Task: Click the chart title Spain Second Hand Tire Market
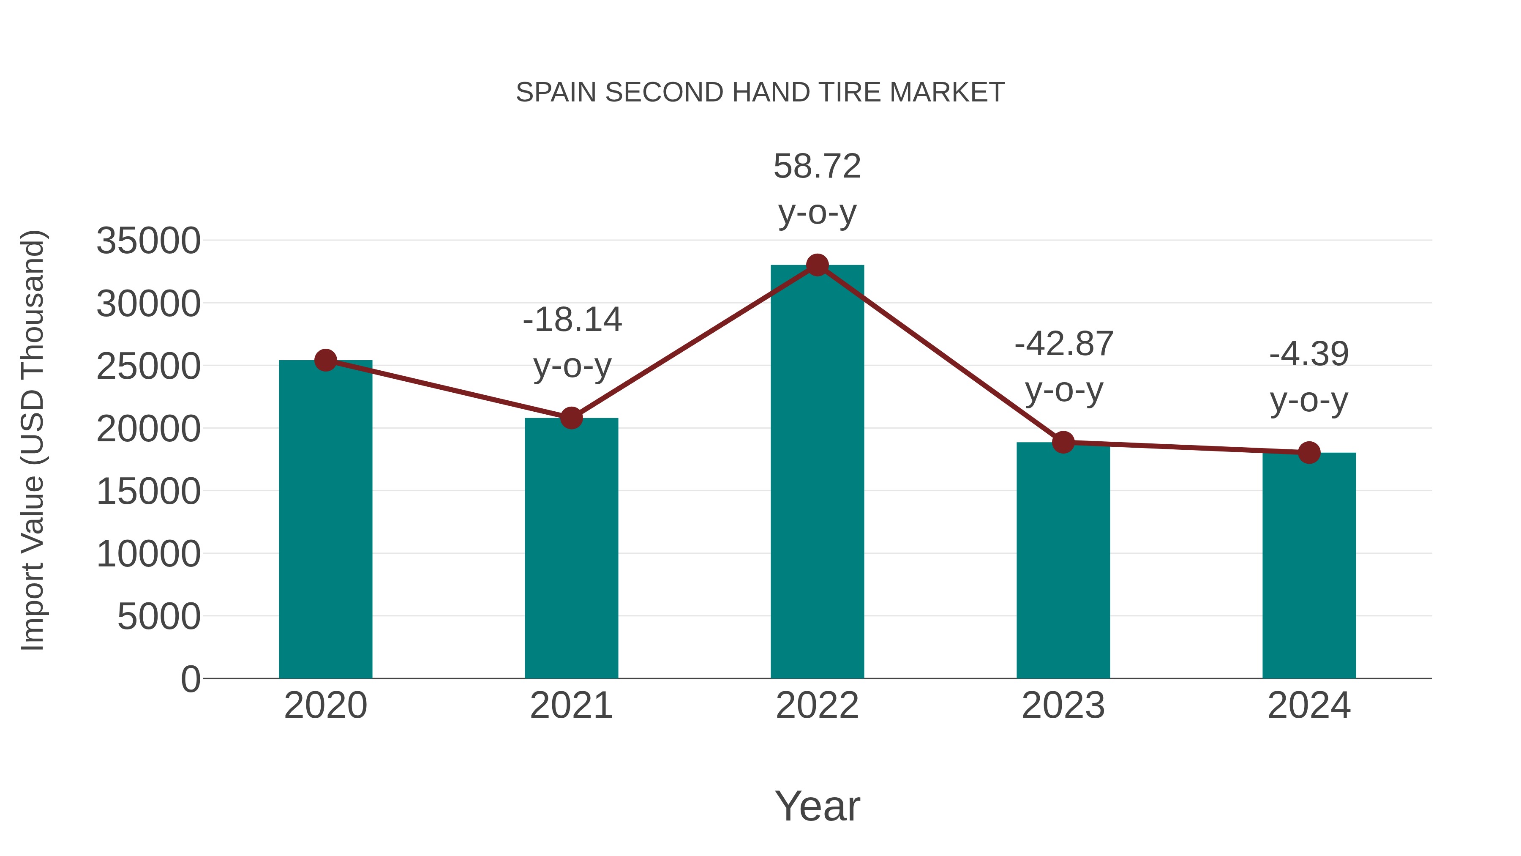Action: tap(760, 93)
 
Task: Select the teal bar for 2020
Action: tap(325, 520)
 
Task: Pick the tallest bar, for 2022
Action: tap(817, 473)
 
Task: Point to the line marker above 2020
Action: tap(325, 360)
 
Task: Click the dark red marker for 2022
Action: tap(817, 265)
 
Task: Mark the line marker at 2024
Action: tap(1308, 452)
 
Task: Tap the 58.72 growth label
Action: tap(817, 166)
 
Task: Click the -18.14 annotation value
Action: tap(572, 320)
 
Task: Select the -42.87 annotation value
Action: tap(1063, 344)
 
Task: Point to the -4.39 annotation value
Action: tap(1308, 354)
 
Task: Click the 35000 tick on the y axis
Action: tap(148, 241)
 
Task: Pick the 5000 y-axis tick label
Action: tap(159, 617)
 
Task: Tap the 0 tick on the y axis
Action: tap(190, 679)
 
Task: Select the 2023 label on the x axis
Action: tap(1063, 706)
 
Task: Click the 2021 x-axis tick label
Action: tap(571, 706)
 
